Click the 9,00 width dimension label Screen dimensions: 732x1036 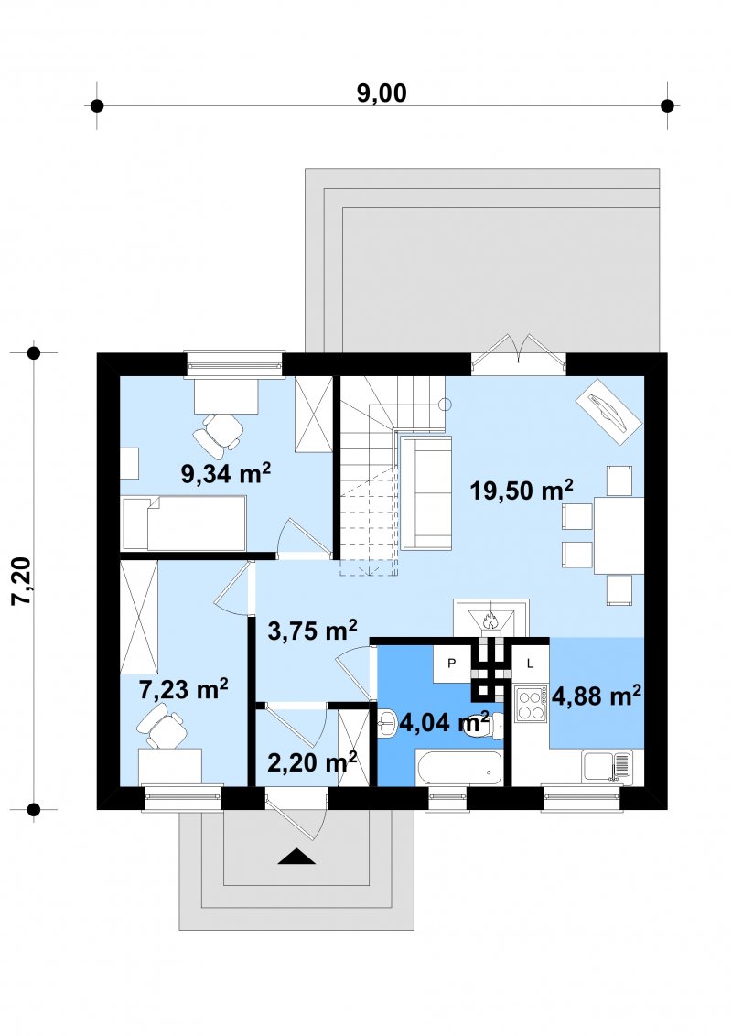point(382,93)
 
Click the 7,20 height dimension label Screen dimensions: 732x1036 point(21,581)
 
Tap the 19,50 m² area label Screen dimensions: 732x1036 point(522,491)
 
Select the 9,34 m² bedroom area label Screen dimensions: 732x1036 point(226,473)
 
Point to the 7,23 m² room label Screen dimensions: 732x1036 point(184,689)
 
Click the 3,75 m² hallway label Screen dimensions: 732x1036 point(313,630)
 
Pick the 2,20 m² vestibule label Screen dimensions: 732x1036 point(312,761)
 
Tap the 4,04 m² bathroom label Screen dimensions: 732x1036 point(444,722)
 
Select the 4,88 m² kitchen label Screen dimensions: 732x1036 point(596,695)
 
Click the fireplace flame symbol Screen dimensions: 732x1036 point(490,620)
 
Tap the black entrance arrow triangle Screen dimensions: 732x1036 point(296,857)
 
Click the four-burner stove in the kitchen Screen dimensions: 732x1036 point(532,703)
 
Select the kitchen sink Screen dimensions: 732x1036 point(608,766)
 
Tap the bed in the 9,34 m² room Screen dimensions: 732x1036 point(184,523)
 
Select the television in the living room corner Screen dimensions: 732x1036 point(608,410)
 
